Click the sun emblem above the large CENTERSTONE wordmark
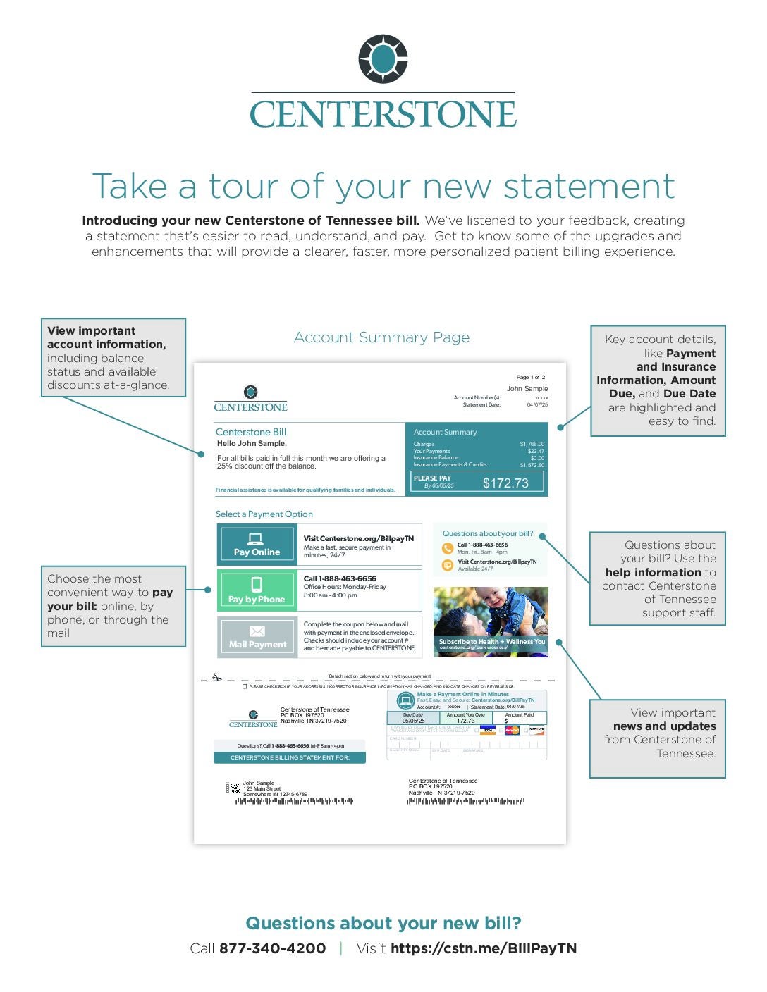(383, 59)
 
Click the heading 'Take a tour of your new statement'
(383, 186)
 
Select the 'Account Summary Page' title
(381, 337)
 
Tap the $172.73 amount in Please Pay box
(505, 483)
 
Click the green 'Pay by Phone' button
(257, 590)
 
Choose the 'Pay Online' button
(257, 544)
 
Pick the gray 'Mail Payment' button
(257, 637)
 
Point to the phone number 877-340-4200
(272, 948)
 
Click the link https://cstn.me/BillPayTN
(483, 948)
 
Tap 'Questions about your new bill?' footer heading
(383, 923)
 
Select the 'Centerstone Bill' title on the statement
(251, 432)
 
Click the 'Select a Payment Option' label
(264, 514)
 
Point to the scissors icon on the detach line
(216, 677)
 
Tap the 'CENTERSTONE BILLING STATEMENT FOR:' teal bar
(290, 757)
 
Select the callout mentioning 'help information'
(657, 578)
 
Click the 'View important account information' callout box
(113, 358)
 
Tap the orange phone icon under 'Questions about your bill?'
(448, 548)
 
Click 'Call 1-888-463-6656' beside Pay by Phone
(340, 578)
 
